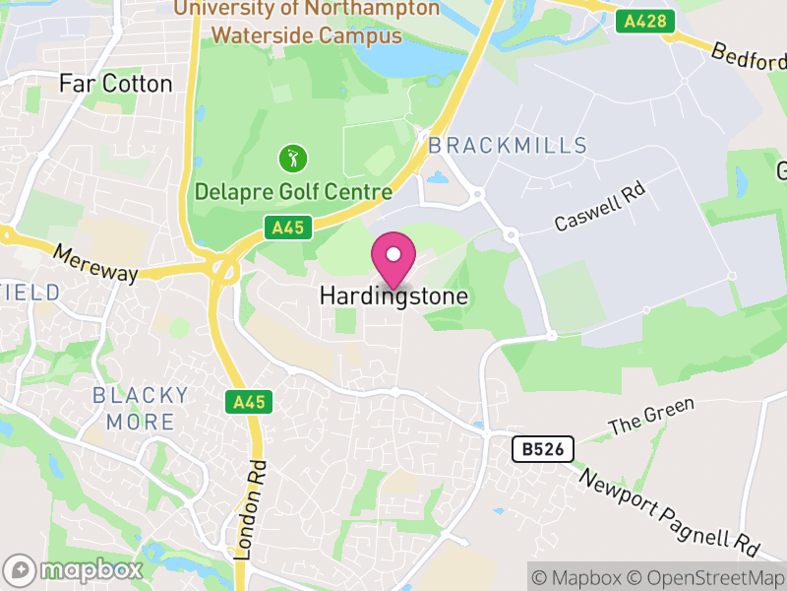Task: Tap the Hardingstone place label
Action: (x=393, y=295)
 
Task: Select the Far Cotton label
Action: (x=116, y=84)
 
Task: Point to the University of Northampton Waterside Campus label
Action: (x=307, y=22)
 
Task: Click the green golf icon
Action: (x=293, y=158)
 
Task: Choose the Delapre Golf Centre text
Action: (x=293, y=192)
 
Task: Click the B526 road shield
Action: (x=542, y=450)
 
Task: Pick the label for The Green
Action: (x=651, y=418)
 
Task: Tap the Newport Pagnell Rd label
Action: (x=670, y=510)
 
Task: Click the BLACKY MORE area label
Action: (x=140, y=409)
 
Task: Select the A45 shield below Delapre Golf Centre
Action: (x=288, y=229)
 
